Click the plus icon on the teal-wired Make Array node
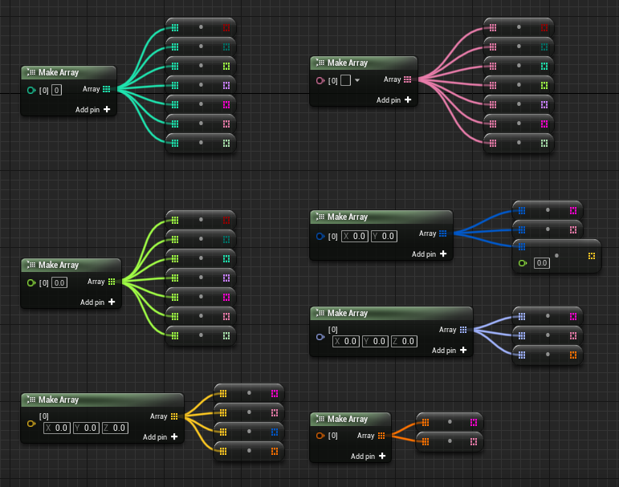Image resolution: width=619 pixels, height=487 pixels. point(106,109)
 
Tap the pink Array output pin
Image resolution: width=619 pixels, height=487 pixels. point(408,79)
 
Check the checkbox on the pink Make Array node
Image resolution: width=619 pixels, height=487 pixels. point(345,80)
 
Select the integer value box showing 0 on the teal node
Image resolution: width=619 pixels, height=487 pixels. point(57,90)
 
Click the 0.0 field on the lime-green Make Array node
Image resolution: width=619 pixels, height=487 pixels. point(59,282)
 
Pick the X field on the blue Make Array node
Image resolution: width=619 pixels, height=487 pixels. point(356,236)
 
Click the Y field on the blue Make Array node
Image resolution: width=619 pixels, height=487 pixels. point(384,236)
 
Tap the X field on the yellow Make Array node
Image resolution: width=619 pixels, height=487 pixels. point(58,428)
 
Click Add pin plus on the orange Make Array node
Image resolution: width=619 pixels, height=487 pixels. point(382,456)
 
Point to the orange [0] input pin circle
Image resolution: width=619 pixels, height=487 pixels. point(320,436)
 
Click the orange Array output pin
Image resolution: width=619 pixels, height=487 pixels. point(381,436)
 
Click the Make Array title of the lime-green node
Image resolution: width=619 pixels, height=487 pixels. point(59,265)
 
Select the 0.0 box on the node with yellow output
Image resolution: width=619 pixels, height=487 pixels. point(542,262)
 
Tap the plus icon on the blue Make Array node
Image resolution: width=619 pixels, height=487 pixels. point(442,254)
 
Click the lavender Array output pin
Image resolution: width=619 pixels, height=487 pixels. point(463,330)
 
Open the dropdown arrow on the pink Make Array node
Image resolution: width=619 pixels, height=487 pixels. point(357,80)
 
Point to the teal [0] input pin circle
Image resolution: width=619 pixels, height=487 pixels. point(31,90)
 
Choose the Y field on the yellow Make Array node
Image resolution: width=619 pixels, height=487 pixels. point(86,428)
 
